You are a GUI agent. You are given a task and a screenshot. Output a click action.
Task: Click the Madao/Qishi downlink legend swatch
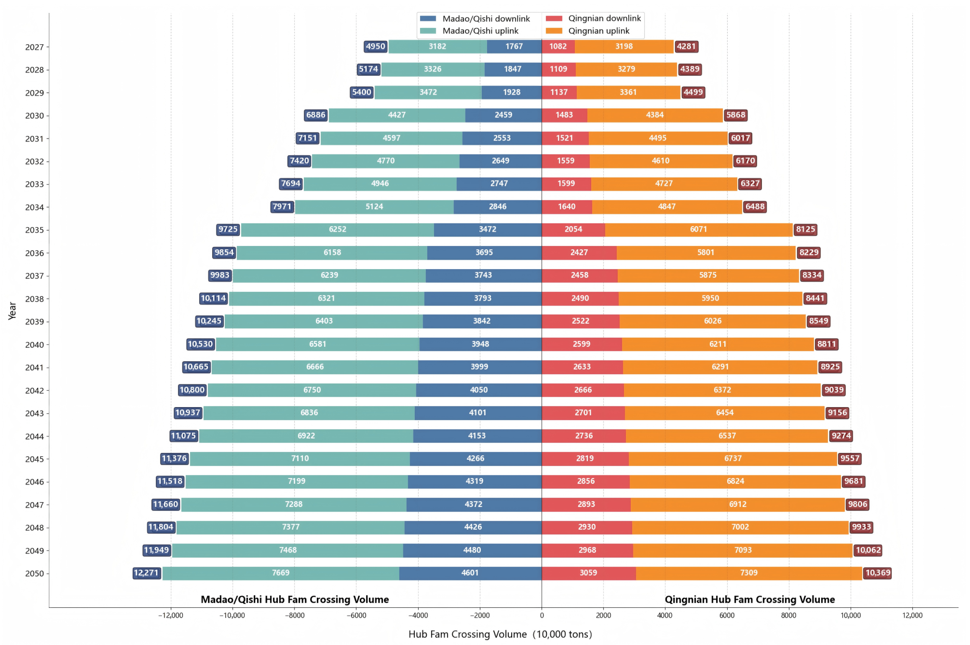coord(428,19)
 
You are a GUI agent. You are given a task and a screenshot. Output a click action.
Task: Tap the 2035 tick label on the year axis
coord(34,230)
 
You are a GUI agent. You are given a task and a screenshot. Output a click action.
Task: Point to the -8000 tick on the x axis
coord(295,616)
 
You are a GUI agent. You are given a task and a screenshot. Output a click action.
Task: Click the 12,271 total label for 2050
coord(146,573)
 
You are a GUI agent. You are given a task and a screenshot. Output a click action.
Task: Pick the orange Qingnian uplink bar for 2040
coord(718,344)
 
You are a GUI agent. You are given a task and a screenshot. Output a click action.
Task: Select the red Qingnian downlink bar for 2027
coord(558,47)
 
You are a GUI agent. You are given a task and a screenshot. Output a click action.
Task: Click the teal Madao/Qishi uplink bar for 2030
coord(397,115)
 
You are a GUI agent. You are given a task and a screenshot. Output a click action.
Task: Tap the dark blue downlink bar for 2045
coord(475,458)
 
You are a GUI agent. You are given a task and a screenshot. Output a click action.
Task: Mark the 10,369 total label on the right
coord(878,573)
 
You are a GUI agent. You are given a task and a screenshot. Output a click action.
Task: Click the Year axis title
coord(12,311)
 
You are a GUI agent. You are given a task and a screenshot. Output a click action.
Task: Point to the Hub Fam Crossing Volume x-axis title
coord(500,634)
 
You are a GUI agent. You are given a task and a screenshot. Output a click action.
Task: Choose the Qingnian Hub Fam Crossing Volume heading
coord(750,600)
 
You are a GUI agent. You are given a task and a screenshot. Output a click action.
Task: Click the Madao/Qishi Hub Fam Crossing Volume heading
coord(295,600)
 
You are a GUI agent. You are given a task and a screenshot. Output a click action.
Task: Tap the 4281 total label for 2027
coord(686,47)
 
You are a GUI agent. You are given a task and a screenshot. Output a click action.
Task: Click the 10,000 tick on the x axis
coord(850,616)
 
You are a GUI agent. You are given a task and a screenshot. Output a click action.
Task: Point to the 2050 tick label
coord(34,573)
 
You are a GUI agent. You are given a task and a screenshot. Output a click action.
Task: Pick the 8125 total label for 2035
coord(805,230)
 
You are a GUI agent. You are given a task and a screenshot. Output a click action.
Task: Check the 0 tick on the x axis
coord(542,616)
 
